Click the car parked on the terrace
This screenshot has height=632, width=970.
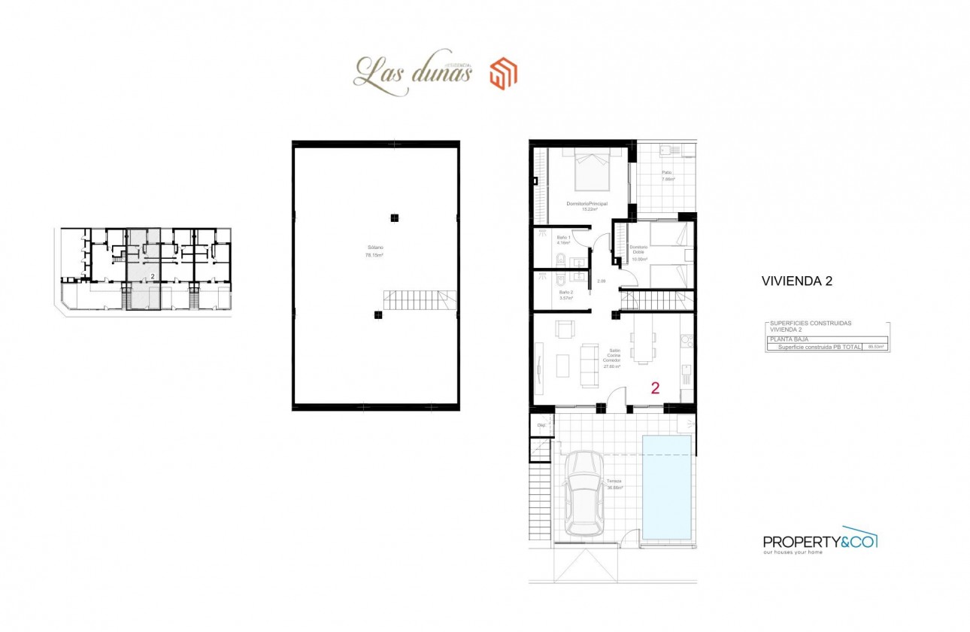coord(584,493)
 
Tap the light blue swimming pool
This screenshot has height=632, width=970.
coord(667,487)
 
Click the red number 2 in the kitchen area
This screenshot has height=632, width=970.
coord(655,388)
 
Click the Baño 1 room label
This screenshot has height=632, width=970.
coord(564,239)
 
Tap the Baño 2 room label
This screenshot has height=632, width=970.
coord(566,295)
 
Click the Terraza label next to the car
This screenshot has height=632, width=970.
coord(614,484)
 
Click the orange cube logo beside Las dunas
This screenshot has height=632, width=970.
coord(503,74)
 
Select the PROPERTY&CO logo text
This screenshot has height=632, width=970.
coord(820,542)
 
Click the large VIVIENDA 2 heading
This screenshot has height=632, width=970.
coord(796,282)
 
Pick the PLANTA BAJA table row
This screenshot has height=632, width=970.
coord(826,339)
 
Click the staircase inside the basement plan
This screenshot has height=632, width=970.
coord(419,301)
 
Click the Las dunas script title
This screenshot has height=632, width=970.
coord(412,74)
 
